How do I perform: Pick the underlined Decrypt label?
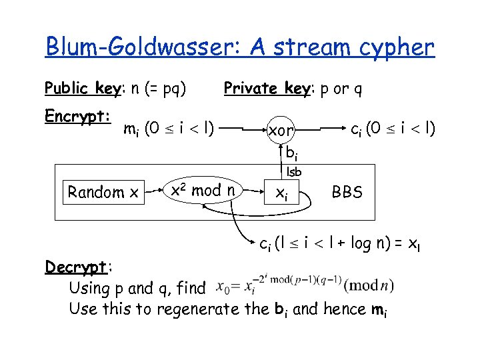(x=76, y=267)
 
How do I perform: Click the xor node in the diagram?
(x=281, y=131)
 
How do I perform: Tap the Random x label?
(x=103, y=193)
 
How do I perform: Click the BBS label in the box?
(x=348, y=193)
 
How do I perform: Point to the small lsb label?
(x=294, y=172)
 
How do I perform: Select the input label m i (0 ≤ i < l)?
(x=169, y=127)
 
